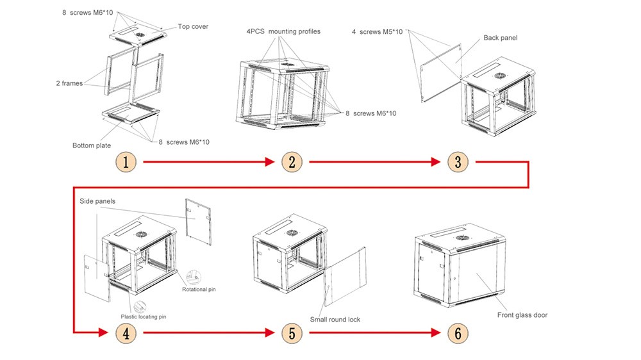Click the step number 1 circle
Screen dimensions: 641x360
126,162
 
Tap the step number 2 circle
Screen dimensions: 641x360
292,162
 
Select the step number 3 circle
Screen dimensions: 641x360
458,162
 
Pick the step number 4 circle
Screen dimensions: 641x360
126,333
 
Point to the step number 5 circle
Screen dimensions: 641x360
292,333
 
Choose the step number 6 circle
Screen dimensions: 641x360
458,333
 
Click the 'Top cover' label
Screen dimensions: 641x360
193,26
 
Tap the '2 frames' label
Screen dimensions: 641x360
69,83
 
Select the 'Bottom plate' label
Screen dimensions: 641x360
92,145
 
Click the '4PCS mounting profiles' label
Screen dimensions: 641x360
283,31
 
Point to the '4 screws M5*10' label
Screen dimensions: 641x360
377,32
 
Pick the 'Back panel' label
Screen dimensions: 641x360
501,38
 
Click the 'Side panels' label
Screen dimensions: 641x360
97,201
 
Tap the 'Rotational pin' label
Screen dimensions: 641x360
199,290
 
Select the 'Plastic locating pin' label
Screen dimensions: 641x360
144,316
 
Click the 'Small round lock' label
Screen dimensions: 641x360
335,320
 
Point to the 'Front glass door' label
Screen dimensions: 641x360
522,315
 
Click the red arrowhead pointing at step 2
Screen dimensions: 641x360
270,162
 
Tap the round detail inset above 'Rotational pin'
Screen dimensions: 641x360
194,277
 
